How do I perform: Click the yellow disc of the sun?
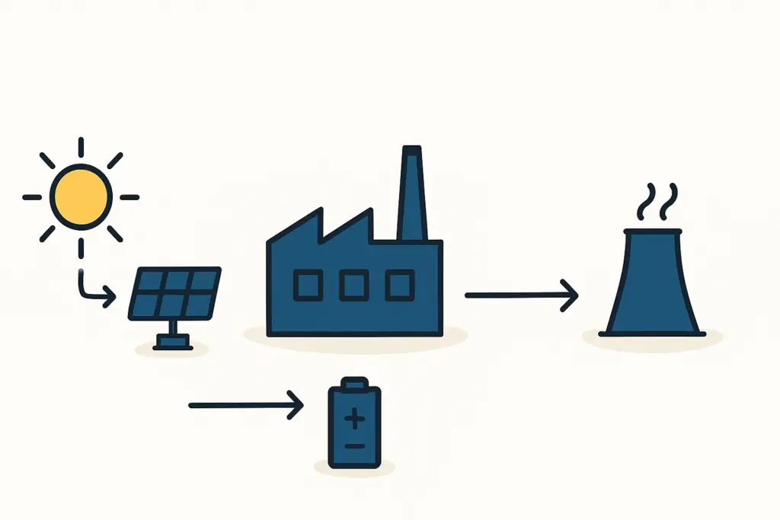[x=81, y=196]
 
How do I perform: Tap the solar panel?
[x=175, y=293]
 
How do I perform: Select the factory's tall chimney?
[x=412, y=194]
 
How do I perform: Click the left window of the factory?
[x=308, y=286]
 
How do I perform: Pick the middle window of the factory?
[x=353, y=286]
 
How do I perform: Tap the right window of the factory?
[x=399, y=286]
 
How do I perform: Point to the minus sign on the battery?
[x=353, y=445]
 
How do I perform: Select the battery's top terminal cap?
[x=353, y=383]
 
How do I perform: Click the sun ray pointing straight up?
[x=81, y=148]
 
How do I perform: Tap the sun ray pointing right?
[x=129, y=197]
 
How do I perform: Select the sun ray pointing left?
[x=32, y=197]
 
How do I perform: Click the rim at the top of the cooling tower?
[x=653, y=231]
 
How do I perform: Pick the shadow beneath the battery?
[x=354, y=470]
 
